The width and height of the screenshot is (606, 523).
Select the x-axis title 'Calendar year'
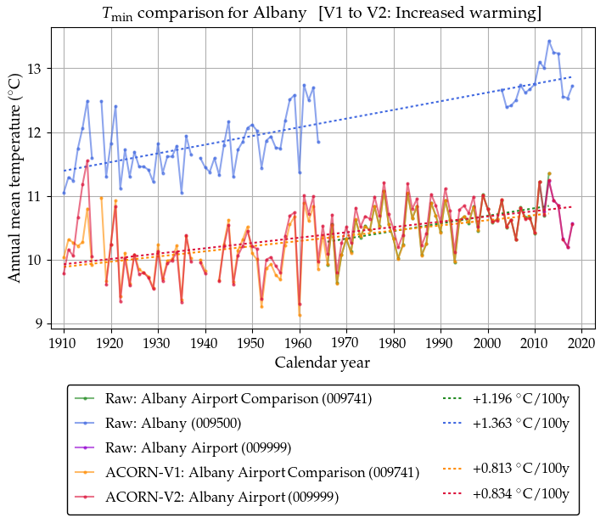[322, 363]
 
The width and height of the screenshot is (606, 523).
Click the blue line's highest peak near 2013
[549, 41]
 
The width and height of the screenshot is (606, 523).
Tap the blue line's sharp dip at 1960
[300, 172]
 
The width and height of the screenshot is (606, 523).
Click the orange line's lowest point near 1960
[300, 315]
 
